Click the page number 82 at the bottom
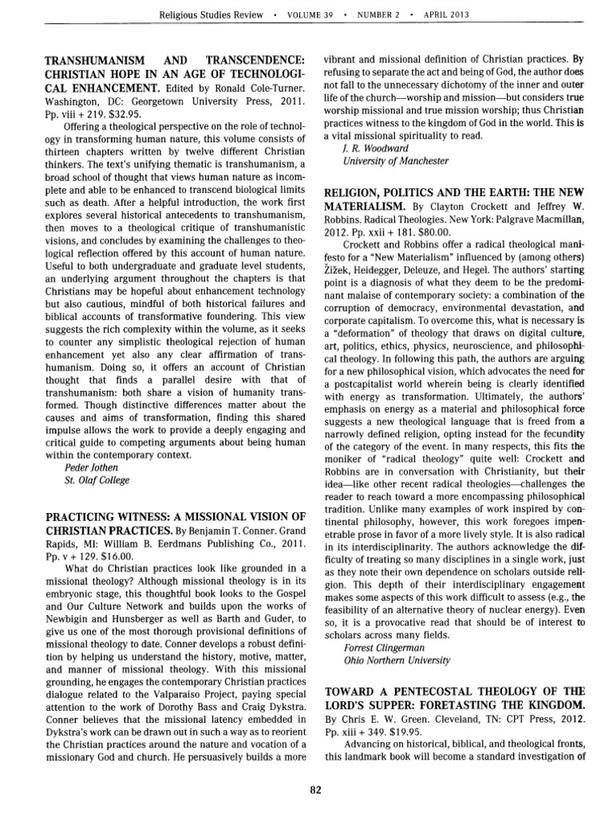click(314, 790)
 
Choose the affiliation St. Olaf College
click(96, 480)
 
